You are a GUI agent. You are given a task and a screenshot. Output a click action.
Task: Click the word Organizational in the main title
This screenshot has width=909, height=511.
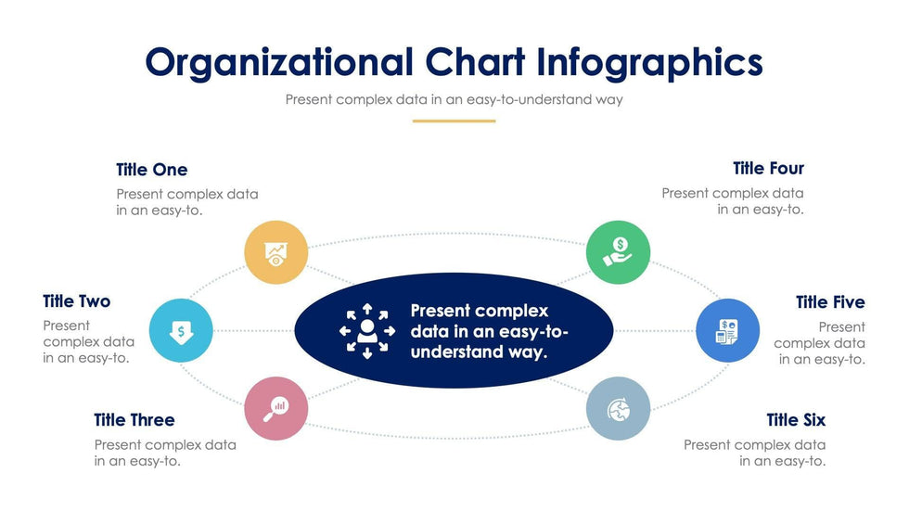tap(279, 62)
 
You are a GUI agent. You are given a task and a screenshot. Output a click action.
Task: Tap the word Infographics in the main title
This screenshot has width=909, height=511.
tap(649, 62)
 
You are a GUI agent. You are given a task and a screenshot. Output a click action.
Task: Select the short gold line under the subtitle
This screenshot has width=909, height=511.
tap(454, 121)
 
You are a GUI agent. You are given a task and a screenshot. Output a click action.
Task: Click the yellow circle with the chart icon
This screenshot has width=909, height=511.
tap(276, 252)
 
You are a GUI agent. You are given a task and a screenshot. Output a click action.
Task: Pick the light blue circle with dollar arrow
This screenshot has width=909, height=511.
tap(181, 330)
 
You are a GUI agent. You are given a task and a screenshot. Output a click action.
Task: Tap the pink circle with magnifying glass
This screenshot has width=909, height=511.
tap(276, 408)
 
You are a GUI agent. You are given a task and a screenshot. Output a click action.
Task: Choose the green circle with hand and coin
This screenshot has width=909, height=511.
tap(618, 252)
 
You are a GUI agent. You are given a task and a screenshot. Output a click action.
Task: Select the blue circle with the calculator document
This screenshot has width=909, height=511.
tap(727, 330)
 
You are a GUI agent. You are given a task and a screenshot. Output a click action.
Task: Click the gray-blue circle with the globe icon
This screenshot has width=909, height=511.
tap(618, 408)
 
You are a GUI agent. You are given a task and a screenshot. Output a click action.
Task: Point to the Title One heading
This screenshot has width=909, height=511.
tap(152, 170)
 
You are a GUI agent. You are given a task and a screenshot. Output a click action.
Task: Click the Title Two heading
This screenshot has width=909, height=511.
tap(76, 301)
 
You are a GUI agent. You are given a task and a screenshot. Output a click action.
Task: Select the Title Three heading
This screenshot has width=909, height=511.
tap(134, 420)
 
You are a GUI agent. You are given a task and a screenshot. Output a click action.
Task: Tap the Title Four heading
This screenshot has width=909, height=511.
tap(769, 169)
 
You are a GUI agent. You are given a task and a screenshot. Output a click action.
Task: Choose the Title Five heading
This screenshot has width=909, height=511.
tap(831, 302)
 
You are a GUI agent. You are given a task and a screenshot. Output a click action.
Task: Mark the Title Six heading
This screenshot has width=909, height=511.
tap(796, 420)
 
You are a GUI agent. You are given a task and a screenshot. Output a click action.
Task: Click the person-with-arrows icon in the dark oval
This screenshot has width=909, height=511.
tap(367, 331)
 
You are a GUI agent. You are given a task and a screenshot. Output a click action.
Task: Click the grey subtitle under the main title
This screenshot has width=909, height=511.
tap(454, 99)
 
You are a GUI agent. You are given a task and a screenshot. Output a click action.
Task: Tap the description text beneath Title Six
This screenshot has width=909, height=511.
tap(755, 454)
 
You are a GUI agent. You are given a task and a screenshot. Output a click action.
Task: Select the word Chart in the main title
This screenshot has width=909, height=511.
tap(475, 62)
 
